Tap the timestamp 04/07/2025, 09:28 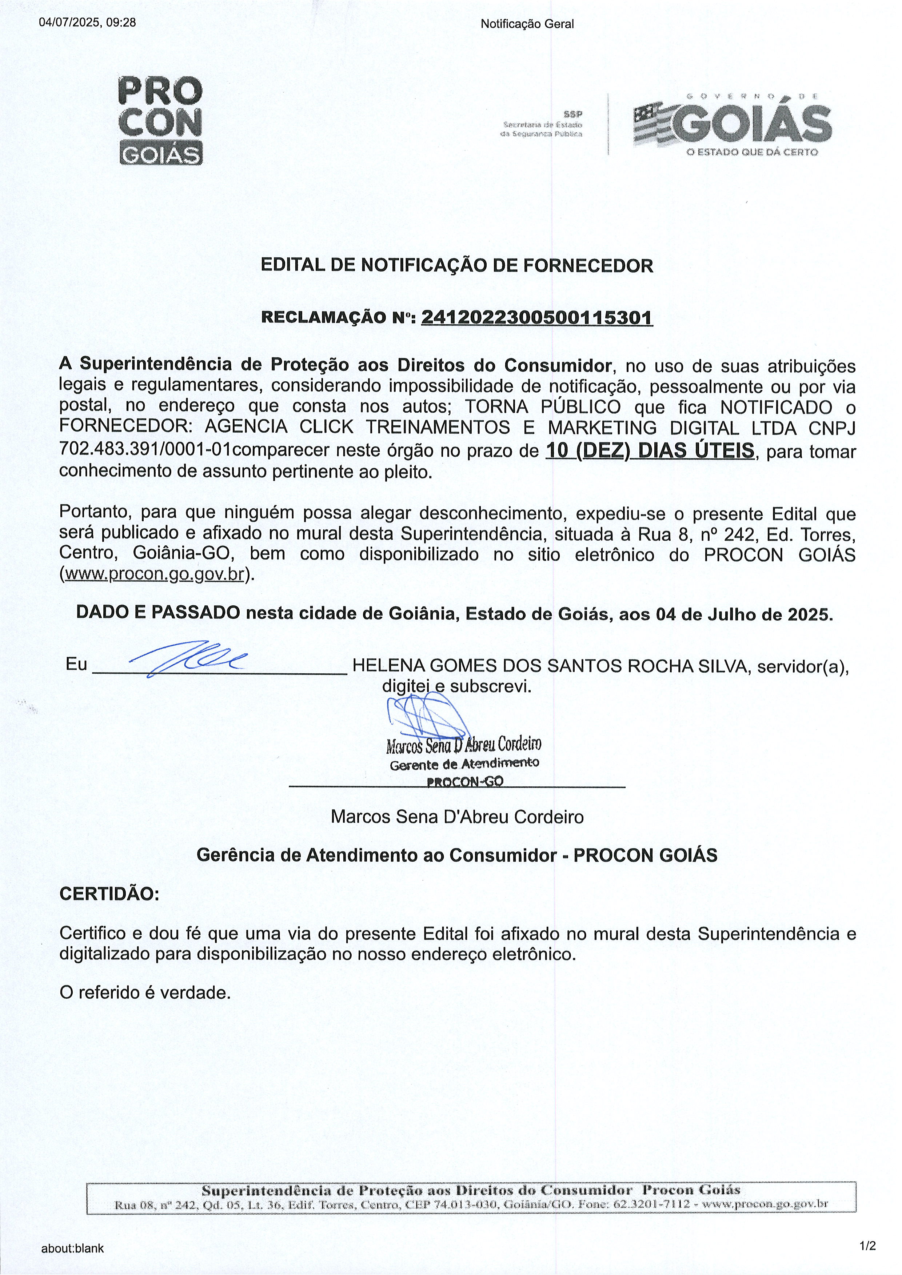click(x=88, y=23)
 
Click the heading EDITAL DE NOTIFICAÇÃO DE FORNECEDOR click(x=456, y=265)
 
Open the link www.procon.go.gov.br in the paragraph click(x=155, y=574)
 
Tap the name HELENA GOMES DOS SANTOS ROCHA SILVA click(x=550, y=665)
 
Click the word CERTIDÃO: click(x=109, y=894)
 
